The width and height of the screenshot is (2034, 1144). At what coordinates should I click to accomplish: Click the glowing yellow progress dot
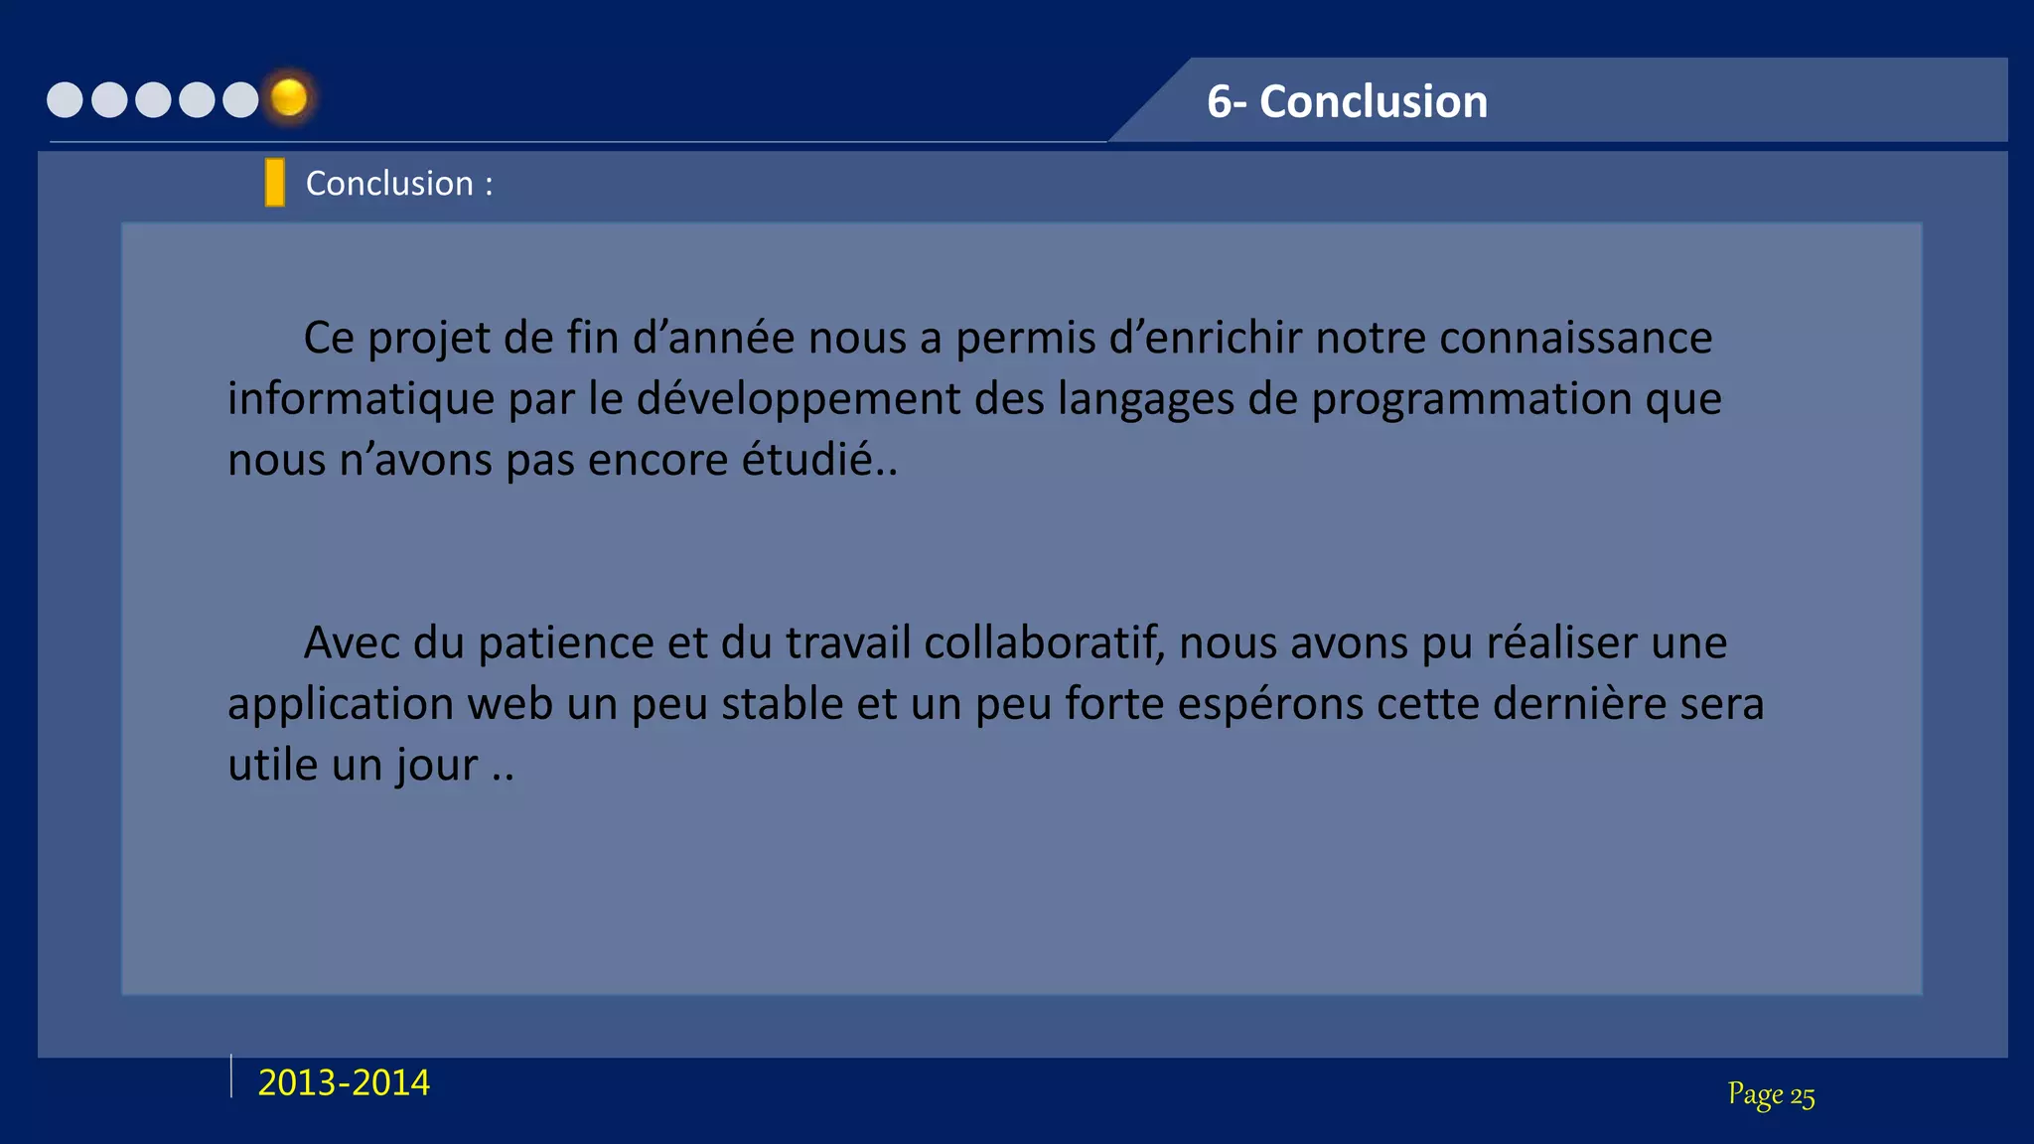tap(289, 98)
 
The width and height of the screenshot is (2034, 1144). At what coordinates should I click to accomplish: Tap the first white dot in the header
tap(66, 100)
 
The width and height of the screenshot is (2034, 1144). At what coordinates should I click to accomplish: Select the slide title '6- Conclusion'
tap(1347, 101)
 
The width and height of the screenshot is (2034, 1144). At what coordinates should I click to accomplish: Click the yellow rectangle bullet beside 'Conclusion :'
tap(275, 183)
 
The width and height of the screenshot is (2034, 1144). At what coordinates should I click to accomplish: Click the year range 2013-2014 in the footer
tap(344, 1082)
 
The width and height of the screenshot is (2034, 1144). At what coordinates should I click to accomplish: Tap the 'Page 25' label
tap(1771, 1094)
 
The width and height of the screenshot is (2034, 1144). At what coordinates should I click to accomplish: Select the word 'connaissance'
tap(1576, 338)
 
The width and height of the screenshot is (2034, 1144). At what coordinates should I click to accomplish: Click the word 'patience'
tap(565, 643)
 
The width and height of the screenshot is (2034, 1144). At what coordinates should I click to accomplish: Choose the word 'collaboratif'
tap(1044, 643)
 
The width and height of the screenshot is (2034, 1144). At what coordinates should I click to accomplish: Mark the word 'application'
tap(341, 705)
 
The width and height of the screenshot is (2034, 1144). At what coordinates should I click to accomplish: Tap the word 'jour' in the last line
tap(437, 766)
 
